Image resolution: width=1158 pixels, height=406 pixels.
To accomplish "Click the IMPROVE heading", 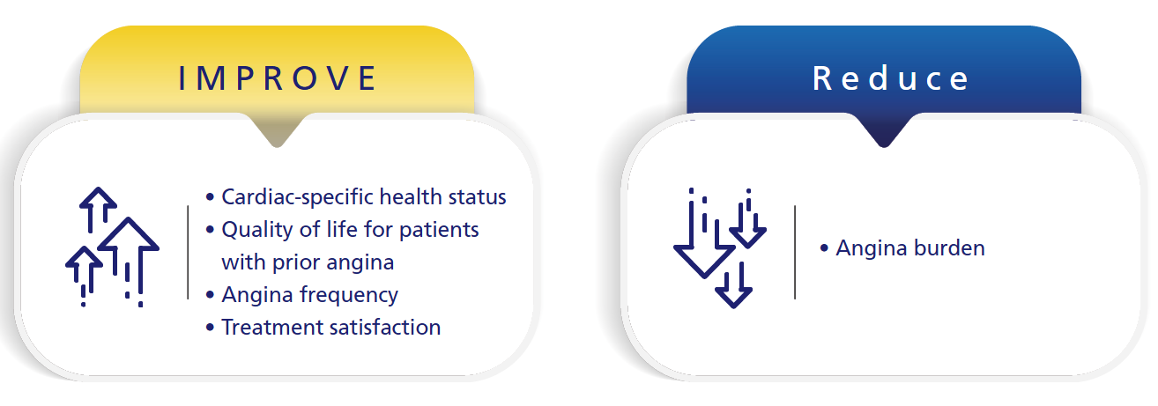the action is point(278,78).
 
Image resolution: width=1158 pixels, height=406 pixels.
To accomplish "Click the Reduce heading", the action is point(891,78).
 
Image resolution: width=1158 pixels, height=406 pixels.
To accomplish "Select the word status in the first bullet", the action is point(477,197).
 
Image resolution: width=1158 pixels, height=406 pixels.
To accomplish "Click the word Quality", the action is point(257,230).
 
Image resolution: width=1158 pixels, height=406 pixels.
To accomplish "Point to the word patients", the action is point(439,230).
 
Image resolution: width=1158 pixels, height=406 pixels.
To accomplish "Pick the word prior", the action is point(296,262).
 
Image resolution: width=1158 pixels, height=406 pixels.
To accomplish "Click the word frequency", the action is point(350,295).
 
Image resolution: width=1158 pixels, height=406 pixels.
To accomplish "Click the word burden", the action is point(949,248).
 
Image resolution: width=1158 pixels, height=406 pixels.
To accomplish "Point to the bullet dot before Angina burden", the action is point(824,248).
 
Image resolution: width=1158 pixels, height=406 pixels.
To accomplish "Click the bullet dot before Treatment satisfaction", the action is point(210,328).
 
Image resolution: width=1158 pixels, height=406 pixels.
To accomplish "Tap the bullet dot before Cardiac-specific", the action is point(210,197).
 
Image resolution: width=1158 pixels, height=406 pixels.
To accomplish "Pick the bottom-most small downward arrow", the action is point(733,285).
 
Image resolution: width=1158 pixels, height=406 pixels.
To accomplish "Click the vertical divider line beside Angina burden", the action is point(795,252).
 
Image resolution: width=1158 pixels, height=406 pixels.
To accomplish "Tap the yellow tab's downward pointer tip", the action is point(277,147).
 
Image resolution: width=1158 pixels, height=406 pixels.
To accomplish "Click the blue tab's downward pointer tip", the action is point(884,147).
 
